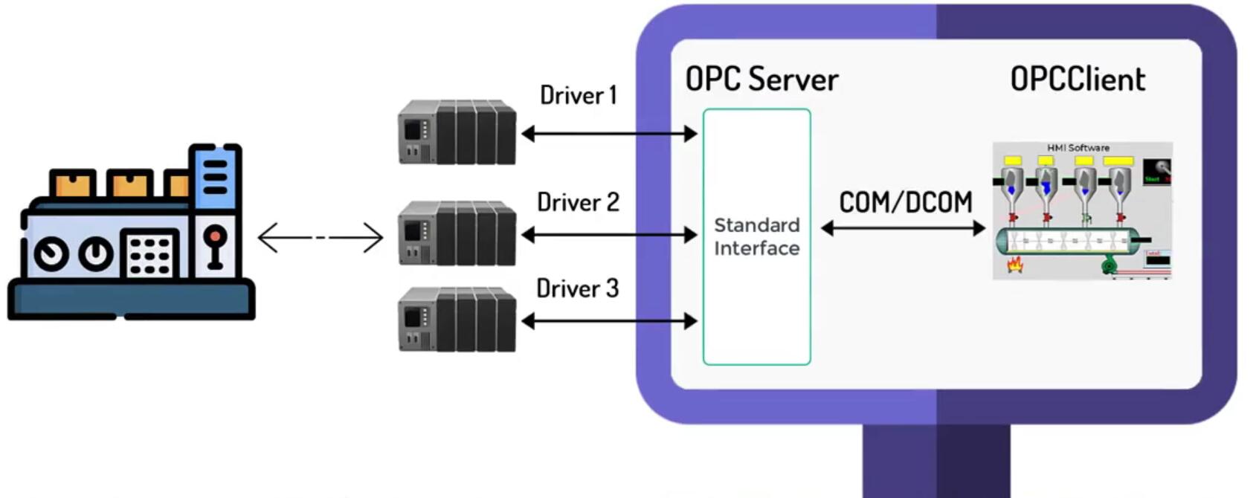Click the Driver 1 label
(x=578, y=95)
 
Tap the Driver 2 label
(x=578, y=202)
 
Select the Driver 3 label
(x=577, y=288)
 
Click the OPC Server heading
(x=761, y=79)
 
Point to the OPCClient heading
(x=1077, y=80)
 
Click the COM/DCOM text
(x=905, y=202)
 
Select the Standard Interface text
(x=756, y=236)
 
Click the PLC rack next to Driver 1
(x=457, y=132)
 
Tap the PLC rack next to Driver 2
(x=457, y=233)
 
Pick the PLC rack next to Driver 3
(x=457, y=320)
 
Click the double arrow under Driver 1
(x=609, y=134)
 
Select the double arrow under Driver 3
(x=609, y=321)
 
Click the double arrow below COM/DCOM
(x=903, y=229)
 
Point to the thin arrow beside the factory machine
(x=321, y=238)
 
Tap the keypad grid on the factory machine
(x=149, y=255)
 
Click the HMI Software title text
(x=1078, y=148)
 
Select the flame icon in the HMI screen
(x=1014, y=264)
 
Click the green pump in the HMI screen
(x=1109, y=265)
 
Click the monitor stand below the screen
(x=936, y=461)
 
